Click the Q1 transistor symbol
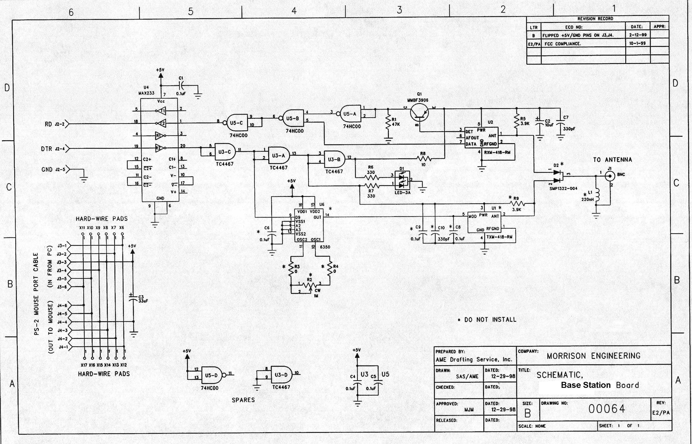pyautogui.click(x=419, y=112)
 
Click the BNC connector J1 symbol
pyautogui.click(x=610, y=176)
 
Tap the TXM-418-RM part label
pyautogui.click(x=499, y=237)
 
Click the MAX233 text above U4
pyautogui.click(x=146, y=93)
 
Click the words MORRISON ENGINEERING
pyautogui.click(x=593, y=356)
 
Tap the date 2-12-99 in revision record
pyautogui.click(x=638, y=35)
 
